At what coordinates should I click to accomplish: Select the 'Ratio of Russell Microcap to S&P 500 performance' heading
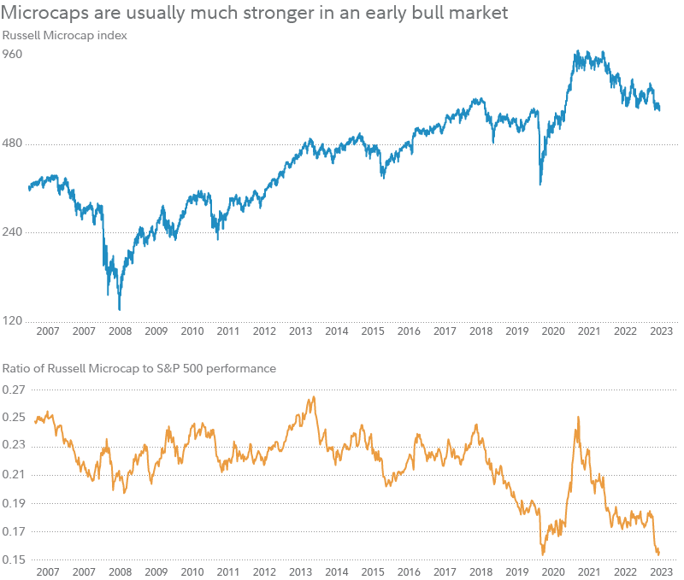coord(139,369)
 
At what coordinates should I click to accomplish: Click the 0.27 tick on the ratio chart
coord(15,390)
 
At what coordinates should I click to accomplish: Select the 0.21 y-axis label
coord(15,475)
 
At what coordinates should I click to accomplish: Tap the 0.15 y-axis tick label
coord(15,559)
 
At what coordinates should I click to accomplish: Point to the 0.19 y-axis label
coord(15,503)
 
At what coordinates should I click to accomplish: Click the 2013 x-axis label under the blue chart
coord(300,331)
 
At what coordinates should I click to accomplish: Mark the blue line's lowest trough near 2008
coord(120,309)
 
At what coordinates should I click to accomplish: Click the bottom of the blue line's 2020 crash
coord(540,185)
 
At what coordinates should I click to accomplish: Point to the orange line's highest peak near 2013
coord(314,396)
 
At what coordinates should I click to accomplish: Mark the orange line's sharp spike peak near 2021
coord(579,417)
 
